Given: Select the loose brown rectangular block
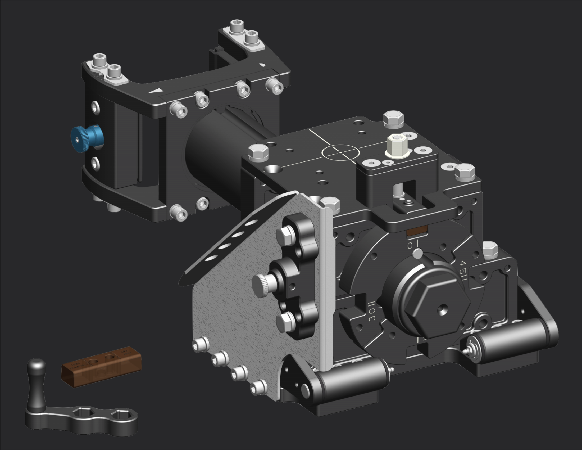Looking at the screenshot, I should click(x=101, y=366).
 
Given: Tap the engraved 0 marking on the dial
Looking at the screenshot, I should click(x=410, y=245).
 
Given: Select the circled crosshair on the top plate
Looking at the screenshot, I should click(x=340, y=152).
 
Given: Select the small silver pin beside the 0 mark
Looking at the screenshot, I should click(x=418, y=253).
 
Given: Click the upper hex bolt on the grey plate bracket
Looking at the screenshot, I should click(x=285, y=235).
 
